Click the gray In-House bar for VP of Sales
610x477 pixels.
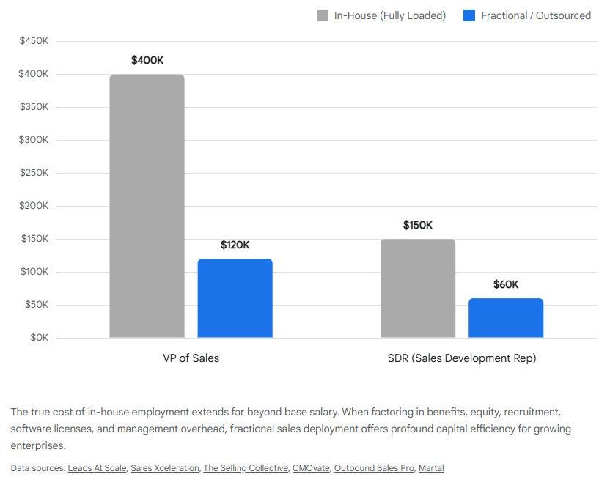click(147, 206)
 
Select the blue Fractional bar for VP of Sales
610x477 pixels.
click(235, 298)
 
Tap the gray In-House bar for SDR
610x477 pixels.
click(418, 288)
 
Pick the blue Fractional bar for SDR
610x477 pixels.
click(506, 318)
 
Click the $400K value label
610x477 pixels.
click(147, 60)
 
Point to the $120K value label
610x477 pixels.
click(235, 245)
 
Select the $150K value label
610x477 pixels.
click(418, 225)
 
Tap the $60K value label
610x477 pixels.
click(506, 284)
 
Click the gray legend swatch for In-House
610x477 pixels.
click(323, 15)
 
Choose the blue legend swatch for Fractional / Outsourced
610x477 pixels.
click(469, 15)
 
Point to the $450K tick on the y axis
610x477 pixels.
click(34, 41)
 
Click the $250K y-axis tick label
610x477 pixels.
click(34, 173)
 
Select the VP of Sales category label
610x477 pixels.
click(191, 358)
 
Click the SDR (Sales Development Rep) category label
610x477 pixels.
click(462, 358)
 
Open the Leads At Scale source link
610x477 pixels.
click(97, 468)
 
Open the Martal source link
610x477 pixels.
click(431, 468)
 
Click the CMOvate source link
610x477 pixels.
click(310, 468)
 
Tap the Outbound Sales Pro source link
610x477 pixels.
click(374, 468)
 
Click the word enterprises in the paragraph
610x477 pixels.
click(37, 445)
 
